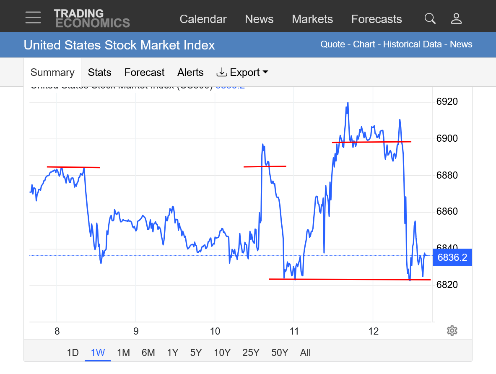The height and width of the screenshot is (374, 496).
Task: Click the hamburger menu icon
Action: [x=33, y=18]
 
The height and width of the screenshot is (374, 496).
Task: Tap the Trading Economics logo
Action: [x=92, y=18]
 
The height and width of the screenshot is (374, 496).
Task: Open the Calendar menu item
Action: [x=203, y=19]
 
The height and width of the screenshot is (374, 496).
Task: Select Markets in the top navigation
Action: [x=312, y=19]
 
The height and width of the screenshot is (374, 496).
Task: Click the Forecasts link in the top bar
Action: [x=377, y=19]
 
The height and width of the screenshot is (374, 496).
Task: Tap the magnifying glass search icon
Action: [x=430, y=18]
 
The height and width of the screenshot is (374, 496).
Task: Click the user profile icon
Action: [x=456, y=18]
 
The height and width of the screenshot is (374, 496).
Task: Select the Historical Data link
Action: [x=413, y=44]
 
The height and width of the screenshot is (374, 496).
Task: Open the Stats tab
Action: [x=99, y=73]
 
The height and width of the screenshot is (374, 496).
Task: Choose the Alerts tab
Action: [x=190, y=73]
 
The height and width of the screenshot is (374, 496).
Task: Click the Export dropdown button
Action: [x=242, y=73]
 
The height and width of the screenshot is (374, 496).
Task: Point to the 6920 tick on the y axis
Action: [x=447, y=102]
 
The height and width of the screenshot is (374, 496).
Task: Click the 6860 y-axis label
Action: [x=447, y=211]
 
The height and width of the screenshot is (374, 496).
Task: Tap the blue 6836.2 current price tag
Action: [x=452, y=257]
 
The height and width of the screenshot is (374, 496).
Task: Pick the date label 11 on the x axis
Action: [x=294, y=332]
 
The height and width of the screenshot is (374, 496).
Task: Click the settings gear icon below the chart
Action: [x=452, y=331]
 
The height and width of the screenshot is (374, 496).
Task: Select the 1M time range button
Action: [x=123, y=353]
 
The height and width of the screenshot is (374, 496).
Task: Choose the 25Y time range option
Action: [x=251, y=353]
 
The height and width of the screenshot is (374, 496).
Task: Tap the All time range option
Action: [x=305, y=353]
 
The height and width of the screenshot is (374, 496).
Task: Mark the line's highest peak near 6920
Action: [x=348, y=103]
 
